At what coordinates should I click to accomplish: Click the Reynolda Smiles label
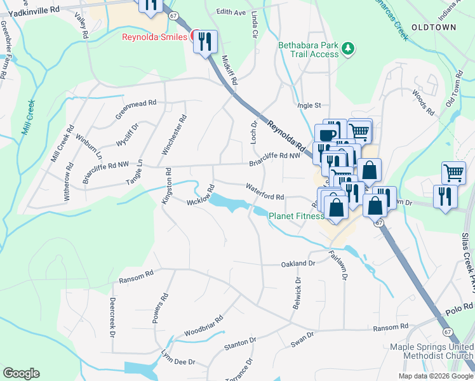pyautogui.click(x=155, y=37)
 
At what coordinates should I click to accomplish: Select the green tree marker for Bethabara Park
pyautogui.click(x=347, y=48)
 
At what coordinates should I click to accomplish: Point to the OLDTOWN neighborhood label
pyautogui.click(x=433, y=27)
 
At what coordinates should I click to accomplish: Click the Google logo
pyautogui.click(x=21, y=373)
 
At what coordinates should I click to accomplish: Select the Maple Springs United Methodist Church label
pyautogui.click(x=431, y=351)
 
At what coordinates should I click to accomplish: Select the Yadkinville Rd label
pyautogui.click(x=38, y=10)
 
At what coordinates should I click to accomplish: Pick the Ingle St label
pyautogui.click(x=310, y=105)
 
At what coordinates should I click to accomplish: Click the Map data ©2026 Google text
pyautogui.click(x=435, y=376)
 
